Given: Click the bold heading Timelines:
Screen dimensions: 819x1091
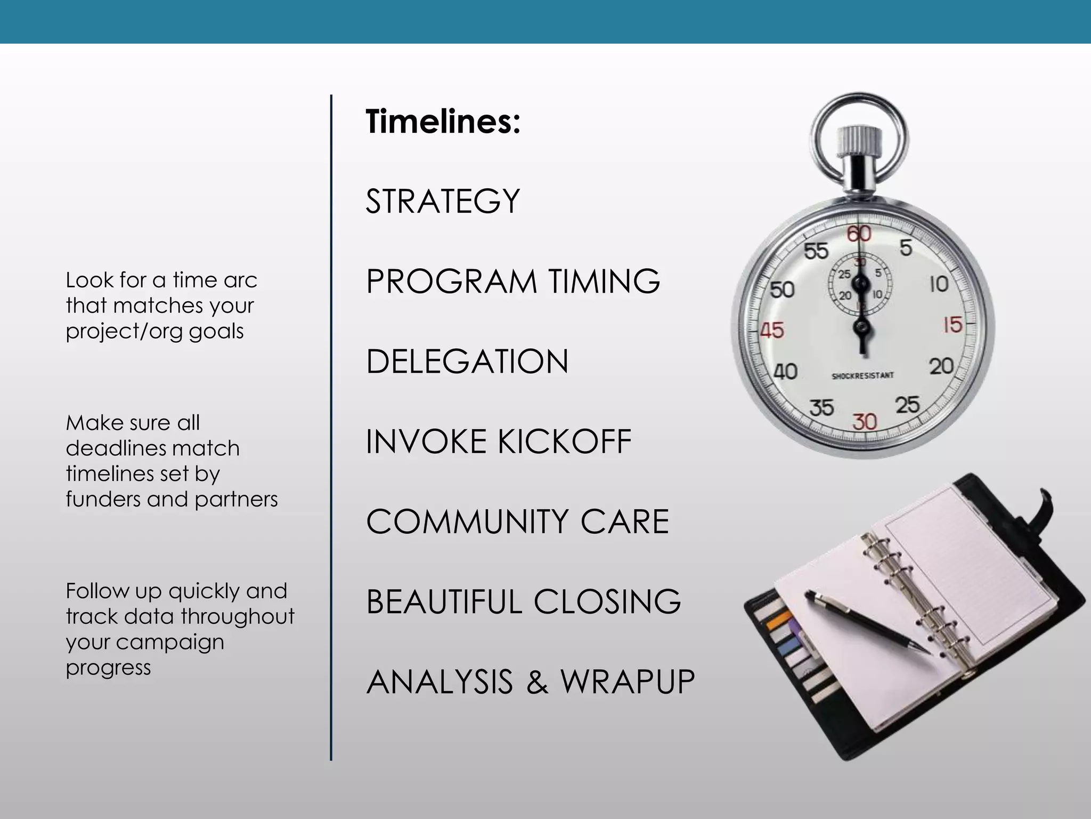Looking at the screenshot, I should pos(443,122).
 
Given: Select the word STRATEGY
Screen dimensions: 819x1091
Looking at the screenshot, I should pos(443,202).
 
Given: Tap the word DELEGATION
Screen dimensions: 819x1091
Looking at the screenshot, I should pos(467,362).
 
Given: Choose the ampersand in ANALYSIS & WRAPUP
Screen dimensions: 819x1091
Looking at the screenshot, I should pos(538,682).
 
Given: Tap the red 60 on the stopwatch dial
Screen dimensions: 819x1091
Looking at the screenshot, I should pos(859,234).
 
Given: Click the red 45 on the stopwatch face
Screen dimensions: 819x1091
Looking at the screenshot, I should pos(772,331).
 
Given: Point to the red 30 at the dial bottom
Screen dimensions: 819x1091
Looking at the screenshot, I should pos(864,422).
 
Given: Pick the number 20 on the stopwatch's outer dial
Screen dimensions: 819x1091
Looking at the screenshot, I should pos(941,366).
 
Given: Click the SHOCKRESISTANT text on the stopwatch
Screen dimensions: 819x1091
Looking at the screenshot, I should pos(862,376).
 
